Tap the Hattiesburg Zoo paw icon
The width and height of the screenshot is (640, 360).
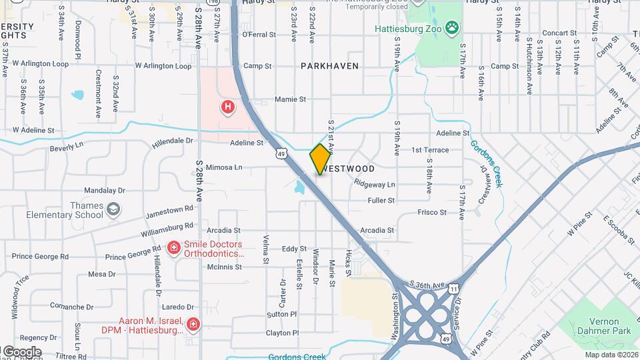pyautogui.click(x=453, y=27)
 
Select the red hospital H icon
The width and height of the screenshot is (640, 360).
pyautogui.click(x=228, y=107)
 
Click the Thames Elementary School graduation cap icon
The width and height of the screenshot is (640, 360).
pyautogui.click(x=113, y=210)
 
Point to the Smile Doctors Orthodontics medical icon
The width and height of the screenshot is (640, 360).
pyautogui.click(x=174, y=249)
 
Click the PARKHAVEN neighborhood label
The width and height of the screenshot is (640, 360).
pyautogui.click(x=329, y=66)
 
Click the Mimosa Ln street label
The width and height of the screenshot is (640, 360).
pyautogui.click(x=224, y=167)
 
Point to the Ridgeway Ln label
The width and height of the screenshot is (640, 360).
pyautogui.click(x=375, y=184)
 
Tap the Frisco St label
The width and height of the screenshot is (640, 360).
pyautogui.click(x=432, y=212)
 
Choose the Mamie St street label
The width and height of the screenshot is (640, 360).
pyautogui.click(x=290, y=99)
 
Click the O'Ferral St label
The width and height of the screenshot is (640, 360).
pyautogui.click(x=259, y=34)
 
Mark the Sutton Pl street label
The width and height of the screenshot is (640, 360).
pyautogui.click(x=281, y=313)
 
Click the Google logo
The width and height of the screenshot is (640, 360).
pyautogui.click(x=21, y=351)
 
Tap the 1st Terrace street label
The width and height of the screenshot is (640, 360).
pyautogui.click(x=431, y=150)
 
